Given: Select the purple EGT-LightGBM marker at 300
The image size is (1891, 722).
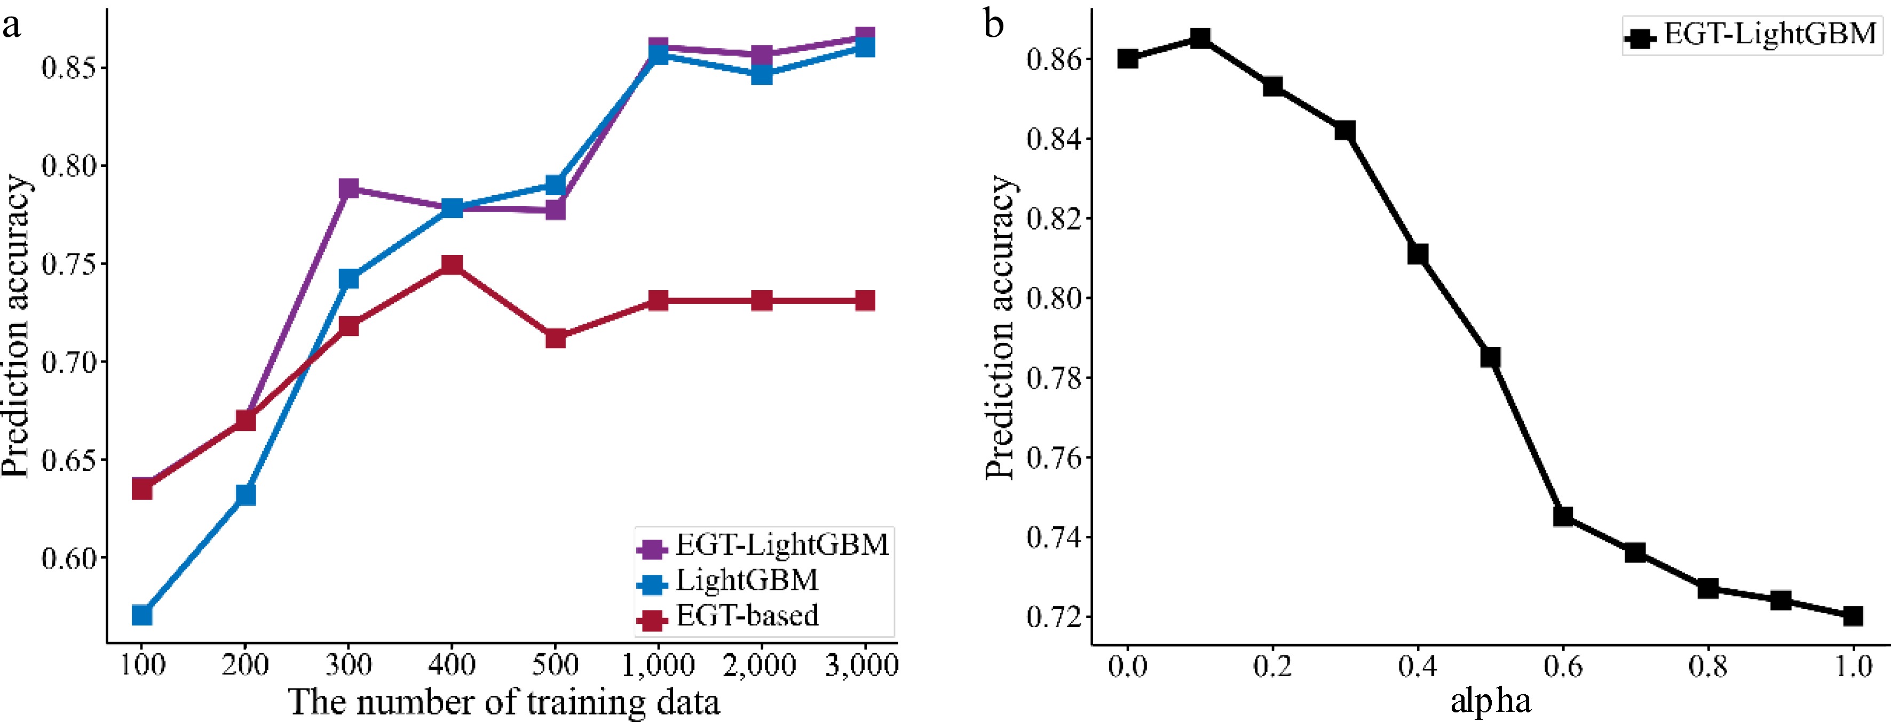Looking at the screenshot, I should tap(349, 189).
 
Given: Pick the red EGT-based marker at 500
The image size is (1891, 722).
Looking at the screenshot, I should tap(556, 338).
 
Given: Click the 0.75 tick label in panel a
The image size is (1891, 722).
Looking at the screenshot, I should tap(69, 264).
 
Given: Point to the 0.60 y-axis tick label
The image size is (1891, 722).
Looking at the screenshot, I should tap(69, 558).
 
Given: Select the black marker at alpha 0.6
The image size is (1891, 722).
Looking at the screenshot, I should tap(1563, 516).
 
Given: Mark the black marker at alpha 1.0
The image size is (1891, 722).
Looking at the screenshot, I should tap(1853, 615).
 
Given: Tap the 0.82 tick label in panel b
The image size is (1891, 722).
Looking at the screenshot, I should tap(1054, 219).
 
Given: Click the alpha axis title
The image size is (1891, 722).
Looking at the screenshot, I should tap(1491, 701).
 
